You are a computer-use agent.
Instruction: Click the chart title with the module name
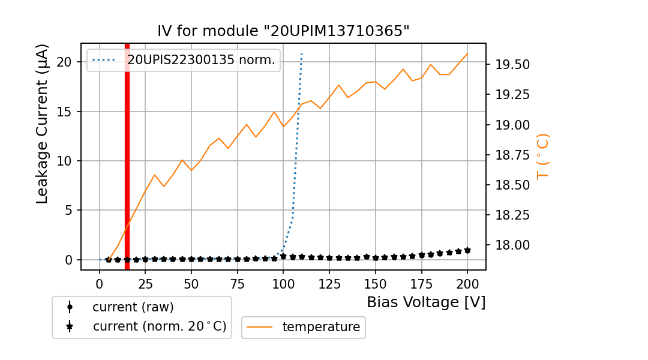pos(283,31)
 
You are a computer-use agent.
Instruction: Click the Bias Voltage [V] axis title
pos(426,302)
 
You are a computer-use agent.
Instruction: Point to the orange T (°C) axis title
pos(542,156)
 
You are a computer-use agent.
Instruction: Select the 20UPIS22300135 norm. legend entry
pos(200,60)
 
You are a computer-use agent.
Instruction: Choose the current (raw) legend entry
pos(133,307)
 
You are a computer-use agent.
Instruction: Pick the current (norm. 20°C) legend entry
pos(159,326)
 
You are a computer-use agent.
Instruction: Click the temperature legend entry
pos(321,327)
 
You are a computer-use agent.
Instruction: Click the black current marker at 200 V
pos(467,250)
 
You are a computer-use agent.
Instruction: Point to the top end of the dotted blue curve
pos(302,54)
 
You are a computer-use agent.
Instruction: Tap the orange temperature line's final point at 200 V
pos(467,53)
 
